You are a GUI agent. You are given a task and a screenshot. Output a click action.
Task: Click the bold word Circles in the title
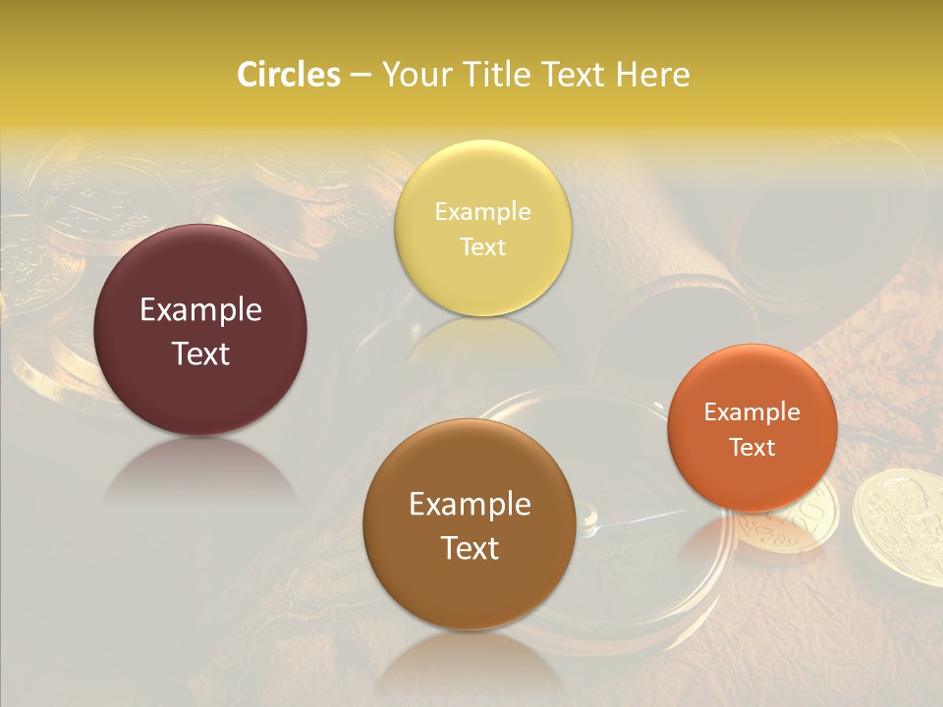pyautogui.click(x=288, y=75)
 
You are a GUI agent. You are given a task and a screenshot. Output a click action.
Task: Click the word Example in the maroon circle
pyautogui.click(x=200, y=310)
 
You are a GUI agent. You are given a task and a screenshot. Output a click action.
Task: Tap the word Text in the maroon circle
pyautogui.click(x=200, y=353)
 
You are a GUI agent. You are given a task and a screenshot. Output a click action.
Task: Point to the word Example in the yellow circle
pyautogui.click(x=482, y=212)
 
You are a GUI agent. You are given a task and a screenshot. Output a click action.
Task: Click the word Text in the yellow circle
pyautogui.click(x=482, y=246)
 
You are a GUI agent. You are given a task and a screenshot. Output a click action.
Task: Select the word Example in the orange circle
pyautogui.click(x=752, y=412)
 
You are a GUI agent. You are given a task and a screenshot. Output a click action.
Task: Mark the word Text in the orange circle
pyautogui.click(x=752, y=447)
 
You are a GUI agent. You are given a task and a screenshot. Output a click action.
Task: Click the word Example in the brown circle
pyautogui.click(x=470, y=505)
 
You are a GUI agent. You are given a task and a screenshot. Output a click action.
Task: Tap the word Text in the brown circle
pyautogui.click(x=470, y=548)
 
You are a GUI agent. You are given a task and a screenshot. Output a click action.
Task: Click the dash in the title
pyautogui.click(x=360, y=76)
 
